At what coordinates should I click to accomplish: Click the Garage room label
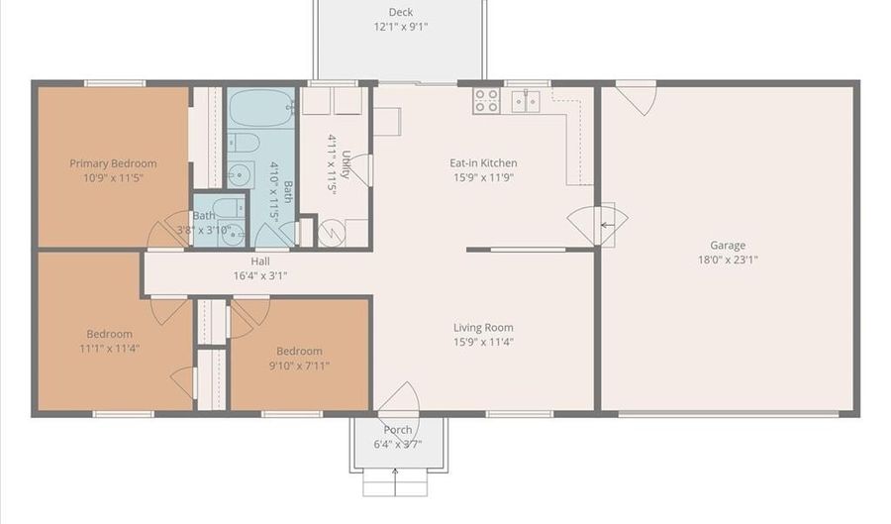[728, 245]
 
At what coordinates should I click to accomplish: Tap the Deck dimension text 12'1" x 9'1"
[401, 26]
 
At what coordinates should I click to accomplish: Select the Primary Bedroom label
[113, 163]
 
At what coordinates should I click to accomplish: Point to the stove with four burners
[486, 101]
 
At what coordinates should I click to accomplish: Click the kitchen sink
[526, 101]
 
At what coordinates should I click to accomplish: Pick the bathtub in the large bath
[261, 107]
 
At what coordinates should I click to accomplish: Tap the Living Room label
[483, 327]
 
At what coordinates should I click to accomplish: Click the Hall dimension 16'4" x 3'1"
[260, 276]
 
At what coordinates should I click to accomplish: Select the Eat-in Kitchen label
[483, 163]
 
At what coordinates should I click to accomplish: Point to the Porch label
[398, 430]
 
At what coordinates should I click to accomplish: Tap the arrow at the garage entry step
[608, 225]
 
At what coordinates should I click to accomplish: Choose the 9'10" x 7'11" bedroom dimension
[299, 366]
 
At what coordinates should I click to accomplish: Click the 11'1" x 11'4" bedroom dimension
[110, 349]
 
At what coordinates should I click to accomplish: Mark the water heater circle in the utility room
[331, 233]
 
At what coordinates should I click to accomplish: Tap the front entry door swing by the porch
[401, 398]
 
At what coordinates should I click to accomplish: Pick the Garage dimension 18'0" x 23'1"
[728, 260]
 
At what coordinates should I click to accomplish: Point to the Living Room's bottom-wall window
[520, 414]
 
